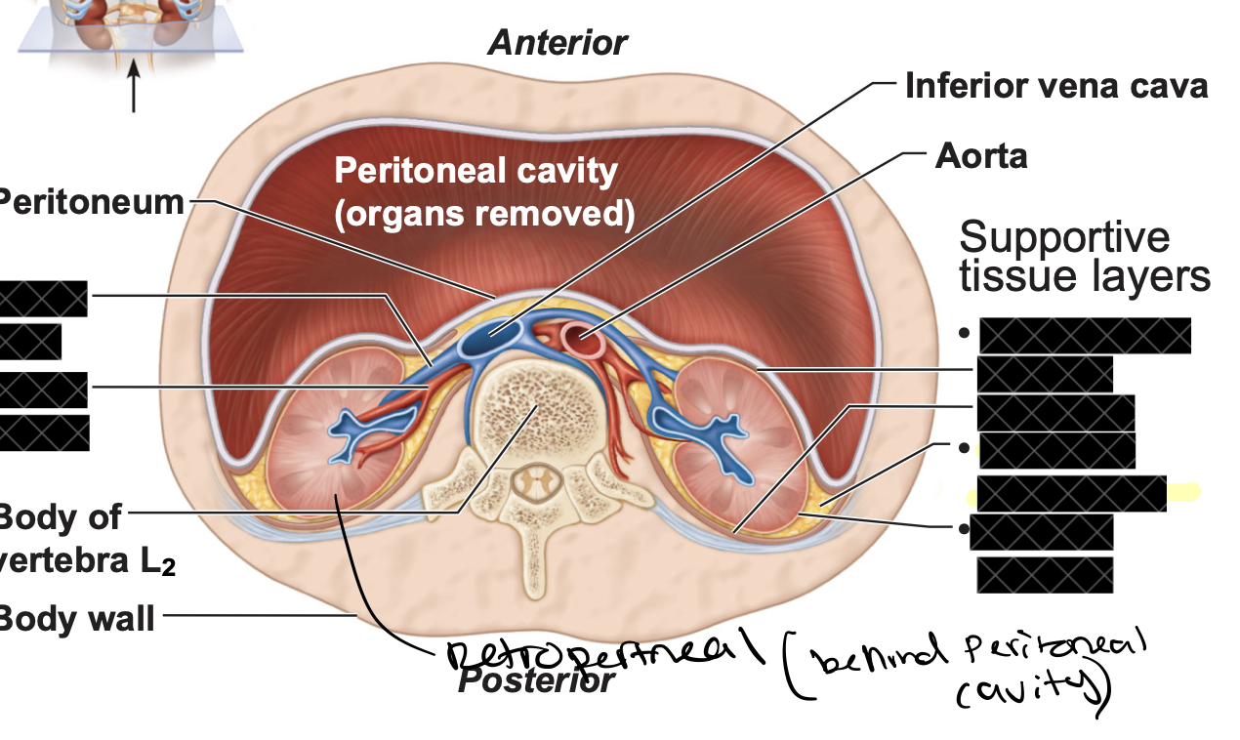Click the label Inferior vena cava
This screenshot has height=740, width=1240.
(x=1055, y=86)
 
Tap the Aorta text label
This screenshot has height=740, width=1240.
(x=981, y=155)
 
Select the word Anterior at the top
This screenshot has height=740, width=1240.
(x=558, y=42)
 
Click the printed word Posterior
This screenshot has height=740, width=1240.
(x=536, y=680)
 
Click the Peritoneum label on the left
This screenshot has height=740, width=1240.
(x=93, y=202)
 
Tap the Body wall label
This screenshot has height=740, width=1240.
(x=77, y=617)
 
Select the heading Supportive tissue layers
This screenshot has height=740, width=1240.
(x=1084, y=257)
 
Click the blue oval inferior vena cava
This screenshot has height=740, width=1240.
(x=492, y=339)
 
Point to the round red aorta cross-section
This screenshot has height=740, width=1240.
(x=585, y=342)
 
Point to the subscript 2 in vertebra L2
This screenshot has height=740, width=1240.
(x=169, y=570)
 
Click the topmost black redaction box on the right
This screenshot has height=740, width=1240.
(x=1084, y=335)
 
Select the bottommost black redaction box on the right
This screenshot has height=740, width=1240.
(x=1044, y=574)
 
